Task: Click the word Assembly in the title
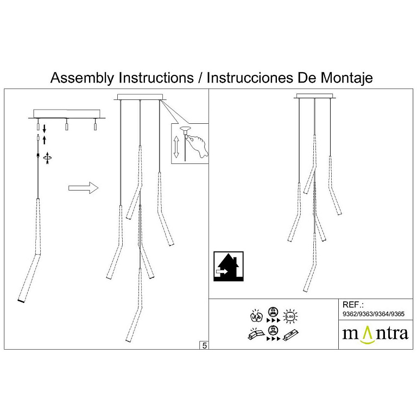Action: (x=83, y=78)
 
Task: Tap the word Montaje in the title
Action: (x=346, y=78)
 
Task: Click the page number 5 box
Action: (x=204, y=345)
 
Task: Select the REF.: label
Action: (x=352, y=305)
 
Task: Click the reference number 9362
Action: (x=350, y=314)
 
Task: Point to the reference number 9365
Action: (x=397, y=314)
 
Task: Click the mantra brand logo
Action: (x=375, y=334)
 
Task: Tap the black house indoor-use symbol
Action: (x=229, y=266)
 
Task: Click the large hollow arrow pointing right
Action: (x=84, y=188)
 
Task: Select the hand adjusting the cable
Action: (x=198, y=146)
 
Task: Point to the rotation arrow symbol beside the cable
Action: (x=48, y=157)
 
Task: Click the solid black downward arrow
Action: (x=45, y=129)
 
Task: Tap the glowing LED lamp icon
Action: (x=290, y=317)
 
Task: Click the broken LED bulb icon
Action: (x=257, y=316)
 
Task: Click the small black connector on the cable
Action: (x=39, y=155)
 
